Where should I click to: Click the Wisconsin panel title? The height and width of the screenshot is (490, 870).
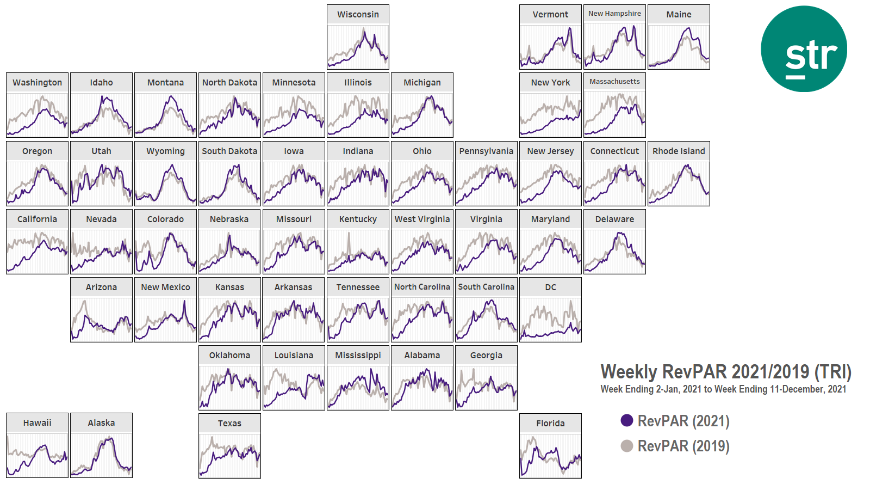click(x=358, y=15)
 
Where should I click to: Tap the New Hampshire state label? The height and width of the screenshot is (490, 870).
click(x=614, y=14)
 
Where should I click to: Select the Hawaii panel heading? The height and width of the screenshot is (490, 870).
click(x=37, y=423)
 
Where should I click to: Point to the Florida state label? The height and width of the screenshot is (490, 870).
click(x=550, y=424)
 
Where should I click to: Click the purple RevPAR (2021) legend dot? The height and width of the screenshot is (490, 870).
click(x=627, y=420)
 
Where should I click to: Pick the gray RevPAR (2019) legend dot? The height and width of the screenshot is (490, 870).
click(x=627, y=446)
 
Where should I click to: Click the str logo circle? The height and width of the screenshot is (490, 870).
click(x=804, y=49)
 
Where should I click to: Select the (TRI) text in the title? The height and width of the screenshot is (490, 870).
click(x=832, y=372)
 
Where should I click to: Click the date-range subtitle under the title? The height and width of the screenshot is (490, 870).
click(x=723, y=389)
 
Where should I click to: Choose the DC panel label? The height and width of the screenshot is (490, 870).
click(x=550, y=287)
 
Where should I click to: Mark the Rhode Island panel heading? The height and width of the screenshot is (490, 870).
click(x=679, y=151)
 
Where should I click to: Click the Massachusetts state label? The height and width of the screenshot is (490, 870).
click(x=614, y=82)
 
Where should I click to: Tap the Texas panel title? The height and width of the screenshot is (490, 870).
click(x=229, y=424)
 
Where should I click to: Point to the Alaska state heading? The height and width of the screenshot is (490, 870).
click(x=101, y=423)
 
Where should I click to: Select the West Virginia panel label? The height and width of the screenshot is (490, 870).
click(x=422, y=219)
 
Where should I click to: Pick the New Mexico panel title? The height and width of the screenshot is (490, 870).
click(x=165, y=287)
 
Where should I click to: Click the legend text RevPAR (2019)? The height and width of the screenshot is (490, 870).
click(x=683, y=446)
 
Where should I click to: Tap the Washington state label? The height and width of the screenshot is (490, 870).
click(x=37, y=83)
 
